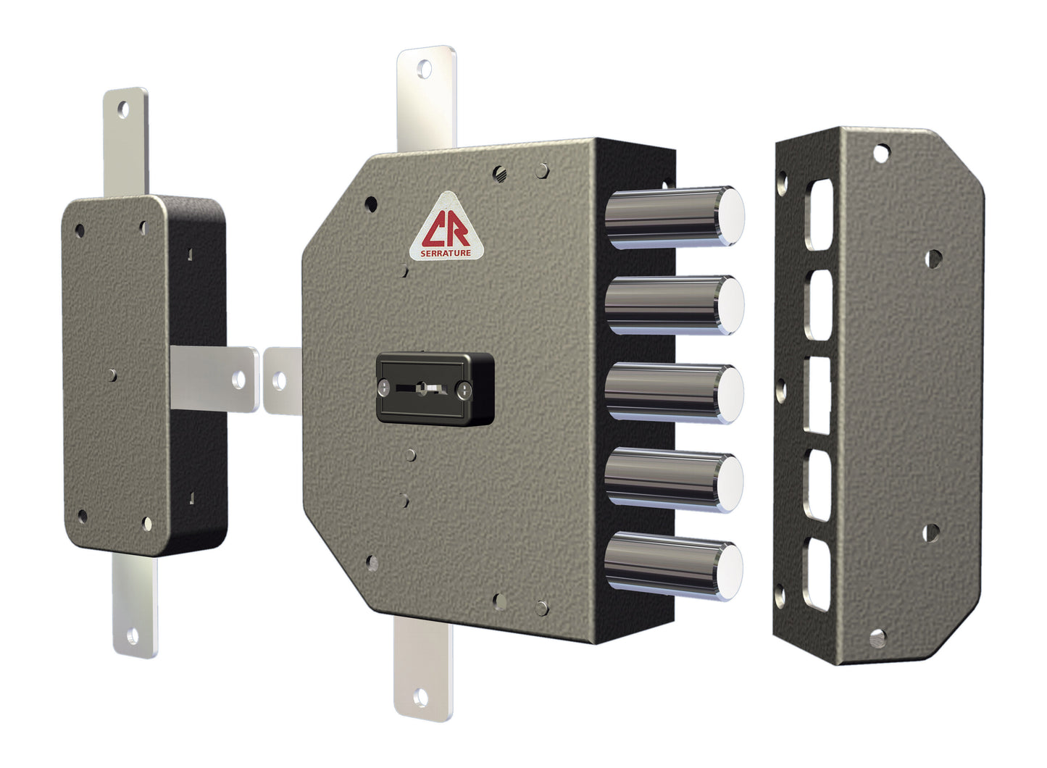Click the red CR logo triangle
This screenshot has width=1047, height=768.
446,226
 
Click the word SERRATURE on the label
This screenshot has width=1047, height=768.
446,254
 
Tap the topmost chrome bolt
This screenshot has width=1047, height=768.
675,217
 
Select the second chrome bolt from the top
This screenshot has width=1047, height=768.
675,305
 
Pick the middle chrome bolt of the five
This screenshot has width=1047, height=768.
674,393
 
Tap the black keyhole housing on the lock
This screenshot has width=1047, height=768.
435,389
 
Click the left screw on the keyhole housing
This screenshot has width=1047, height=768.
383,388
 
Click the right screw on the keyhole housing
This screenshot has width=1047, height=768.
464,389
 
